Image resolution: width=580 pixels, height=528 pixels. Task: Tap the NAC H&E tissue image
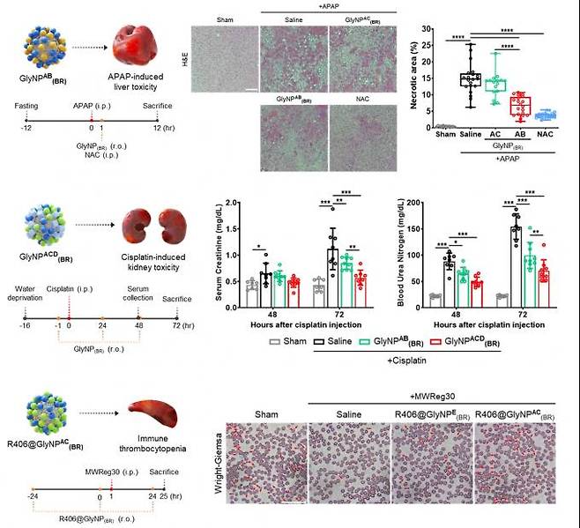click(x=362, y=138)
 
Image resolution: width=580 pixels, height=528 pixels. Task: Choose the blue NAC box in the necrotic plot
click(x=547, y=115)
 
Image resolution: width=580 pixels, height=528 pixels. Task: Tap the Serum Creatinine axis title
click(x=209, y=257)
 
